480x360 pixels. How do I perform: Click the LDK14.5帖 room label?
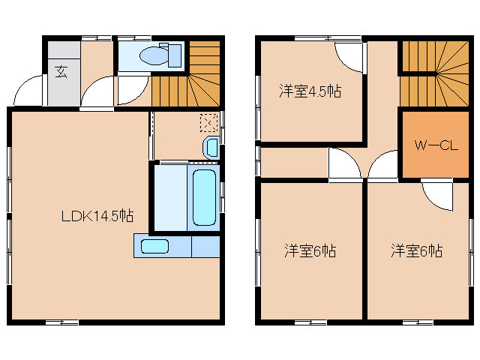(97, 216)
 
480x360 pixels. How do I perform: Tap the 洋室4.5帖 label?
(310, 91)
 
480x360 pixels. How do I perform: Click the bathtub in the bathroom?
(205, 196)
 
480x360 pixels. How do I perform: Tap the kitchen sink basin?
(155, 246)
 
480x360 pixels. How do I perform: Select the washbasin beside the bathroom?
(211, 145)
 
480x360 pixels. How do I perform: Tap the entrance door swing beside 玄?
(27, 91)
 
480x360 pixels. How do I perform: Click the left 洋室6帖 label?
(310, 250)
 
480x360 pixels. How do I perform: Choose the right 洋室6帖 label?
(416, 250)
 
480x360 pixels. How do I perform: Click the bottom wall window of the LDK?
(61, 322)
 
